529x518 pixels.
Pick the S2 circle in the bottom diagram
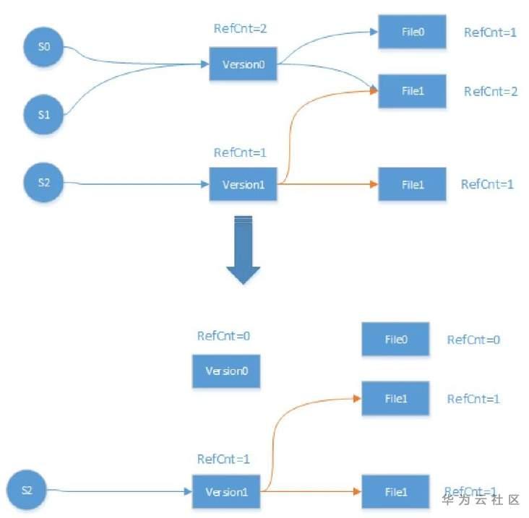tap(27, 490)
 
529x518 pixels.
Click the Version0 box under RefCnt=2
tap(244, 64)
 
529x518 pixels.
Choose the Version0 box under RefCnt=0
tap(225, 371)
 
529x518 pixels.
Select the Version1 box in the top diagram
tap(244, 184)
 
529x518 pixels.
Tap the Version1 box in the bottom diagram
tap(226, 492)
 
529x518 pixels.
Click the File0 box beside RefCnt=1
tap(412, 33)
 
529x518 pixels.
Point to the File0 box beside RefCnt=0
tap(395, 339)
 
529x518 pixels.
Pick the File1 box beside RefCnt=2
tap(412, 91)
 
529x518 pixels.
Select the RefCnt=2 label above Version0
tap(242, 29)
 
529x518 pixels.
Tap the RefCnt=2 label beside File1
tap(491, 91)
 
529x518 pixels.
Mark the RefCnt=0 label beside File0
tap(474, 340)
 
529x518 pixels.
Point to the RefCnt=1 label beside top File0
tap(491, 33)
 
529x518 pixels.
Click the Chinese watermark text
tap(481, 500)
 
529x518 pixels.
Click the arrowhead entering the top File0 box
tap(374, 32)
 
